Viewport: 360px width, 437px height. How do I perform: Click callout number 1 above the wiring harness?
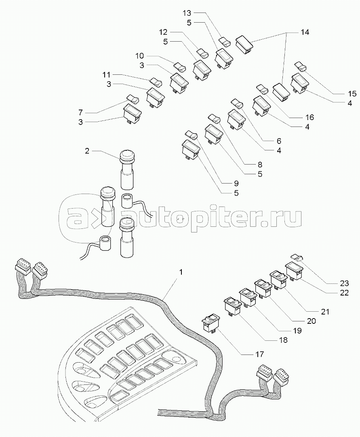tap(181, 272)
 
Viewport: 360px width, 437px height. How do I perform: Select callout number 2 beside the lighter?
tap(87, 151)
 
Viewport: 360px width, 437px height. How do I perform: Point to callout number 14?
tap(305, 32)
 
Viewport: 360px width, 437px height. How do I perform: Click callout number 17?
tap(259, 354)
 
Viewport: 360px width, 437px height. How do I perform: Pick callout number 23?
tap(344, 283)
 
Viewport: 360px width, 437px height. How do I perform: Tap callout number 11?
tap(106, 75)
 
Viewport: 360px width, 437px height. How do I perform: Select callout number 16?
tap(310, 117)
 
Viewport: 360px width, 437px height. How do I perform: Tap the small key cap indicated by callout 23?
tap(297, 257)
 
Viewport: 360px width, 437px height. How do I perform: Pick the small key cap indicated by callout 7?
tap(133, 98)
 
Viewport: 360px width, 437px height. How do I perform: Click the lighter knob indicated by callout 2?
tap(127, 156)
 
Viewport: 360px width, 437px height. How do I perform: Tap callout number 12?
tap(163, 32)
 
